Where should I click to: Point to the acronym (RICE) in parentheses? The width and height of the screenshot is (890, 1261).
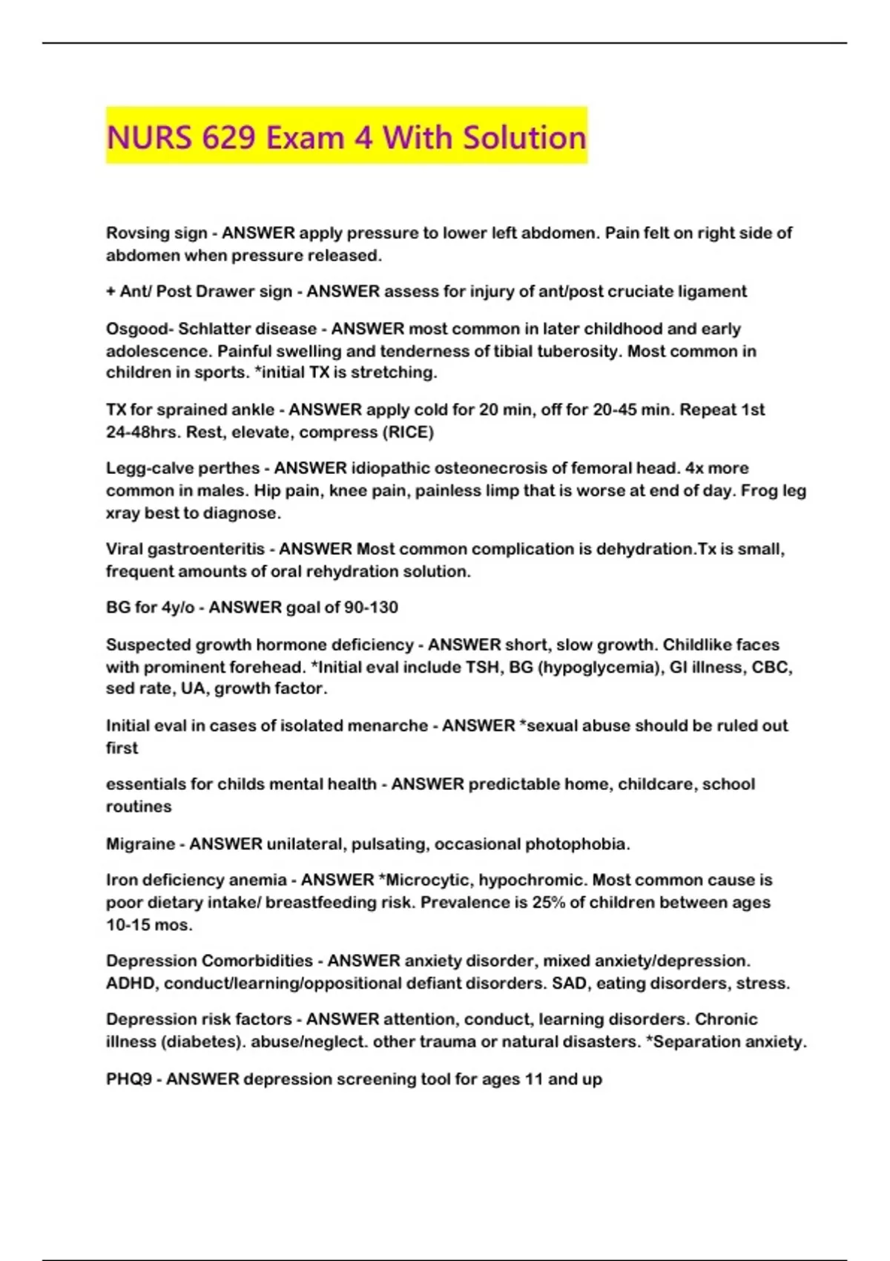(406, 432)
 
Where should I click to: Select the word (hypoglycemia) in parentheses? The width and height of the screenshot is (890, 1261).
(600, 667)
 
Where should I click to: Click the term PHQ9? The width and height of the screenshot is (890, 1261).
(129, 1079)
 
